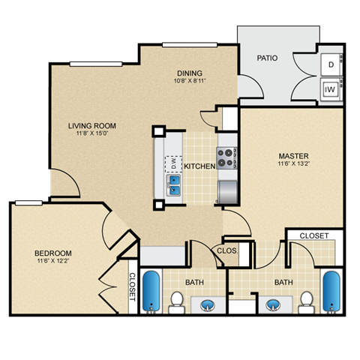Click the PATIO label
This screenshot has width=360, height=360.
tap(268, 57)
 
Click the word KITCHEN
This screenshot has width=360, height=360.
tap(199, 166)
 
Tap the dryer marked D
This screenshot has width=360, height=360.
tap(331, 64)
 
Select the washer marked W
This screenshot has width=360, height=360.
tap(331, 89)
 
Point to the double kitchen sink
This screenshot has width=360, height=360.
tap(173, 184)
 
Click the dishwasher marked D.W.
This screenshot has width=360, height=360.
tap(172, 161)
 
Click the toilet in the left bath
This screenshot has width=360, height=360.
tap(177, 301)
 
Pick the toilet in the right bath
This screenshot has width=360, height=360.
tap(305, 301)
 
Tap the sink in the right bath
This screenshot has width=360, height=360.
tap(272, 304)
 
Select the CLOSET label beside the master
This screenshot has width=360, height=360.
tap(313, 235)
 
